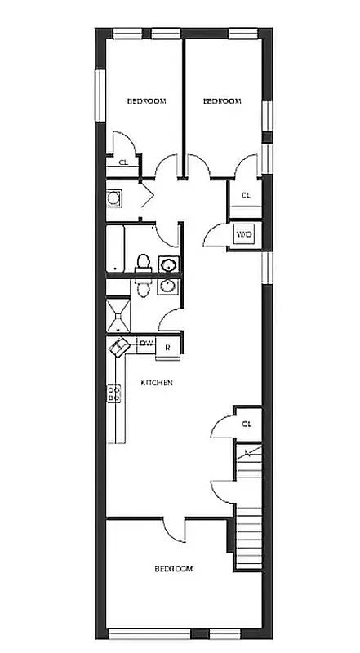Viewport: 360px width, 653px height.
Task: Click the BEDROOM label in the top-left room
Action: pos(146,101)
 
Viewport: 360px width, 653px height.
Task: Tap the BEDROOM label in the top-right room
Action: pos(222,101)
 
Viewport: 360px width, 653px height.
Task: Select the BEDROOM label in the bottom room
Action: pos(174,569)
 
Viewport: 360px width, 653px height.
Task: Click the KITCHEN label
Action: pos(156,383)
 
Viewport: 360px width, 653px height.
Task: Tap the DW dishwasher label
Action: pos(146,344)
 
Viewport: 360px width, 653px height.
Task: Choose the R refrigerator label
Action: pos(167,347)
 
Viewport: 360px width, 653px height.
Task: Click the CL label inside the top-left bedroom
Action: pos(123,162)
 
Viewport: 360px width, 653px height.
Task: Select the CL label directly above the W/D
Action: pos(246,195)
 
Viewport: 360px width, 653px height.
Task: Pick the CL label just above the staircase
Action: pos(247,424)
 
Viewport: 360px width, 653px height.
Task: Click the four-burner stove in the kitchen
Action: pos(113,394)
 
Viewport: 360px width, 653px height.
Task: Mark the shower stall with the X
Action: pos(118,315)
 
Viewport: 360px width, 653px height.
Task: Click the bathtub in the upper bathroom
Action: pos(117,249)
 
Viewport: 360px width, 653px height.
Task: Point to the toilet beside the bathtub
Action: pos(143,263)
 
